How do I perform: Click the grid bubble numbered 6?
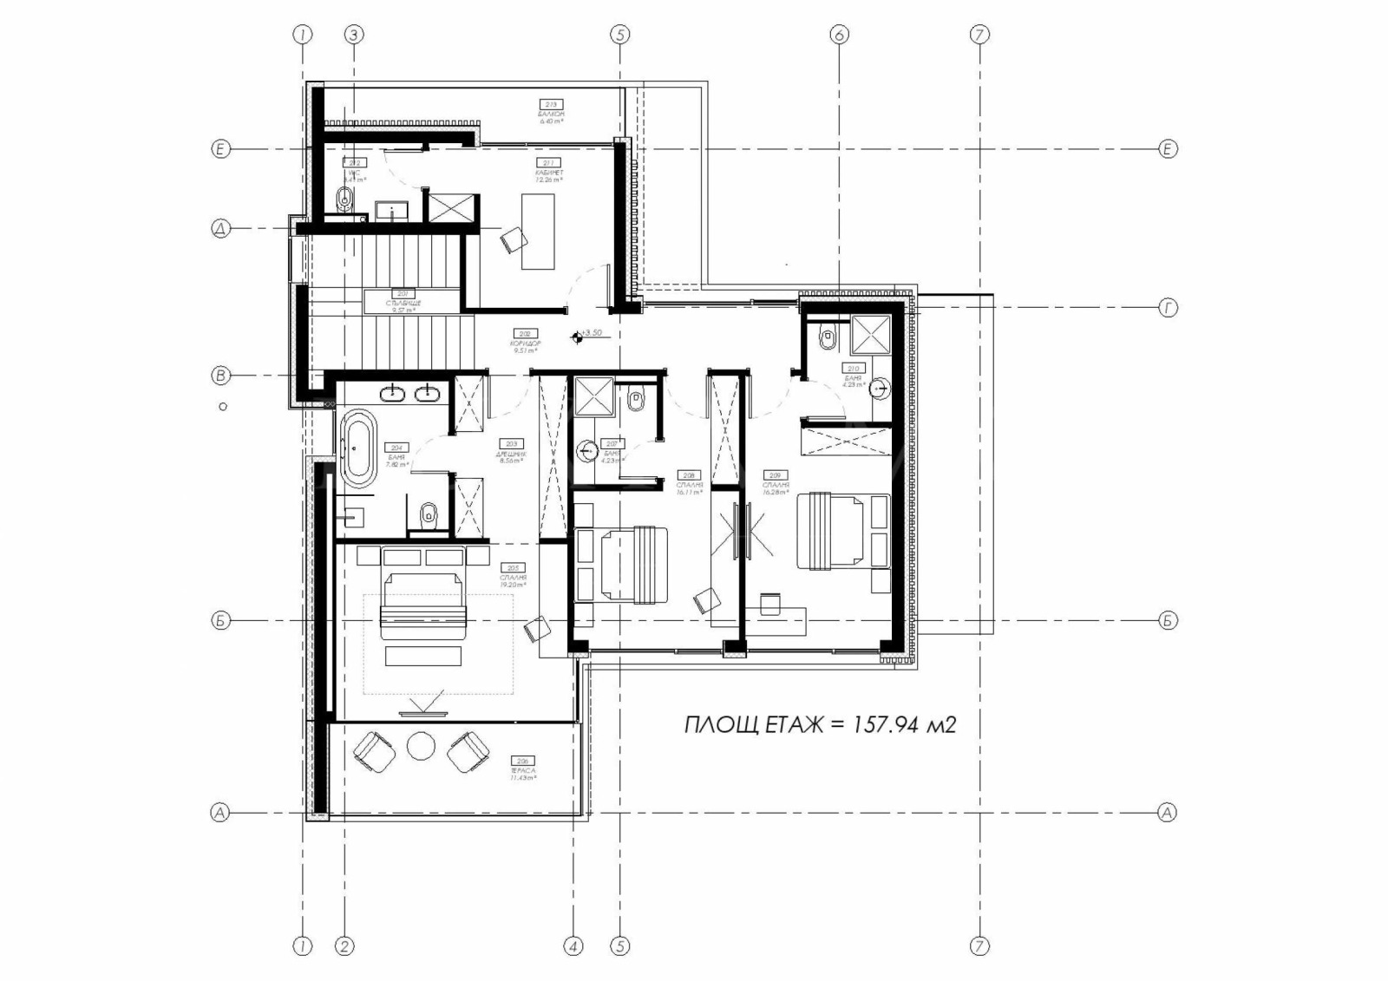click(x=838, y=35)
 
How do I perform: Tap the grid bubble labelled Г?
click(x=1168, y=307)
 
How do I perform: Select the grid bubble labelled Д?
click(x=220, y=229)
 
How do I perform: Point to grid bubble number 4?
click(x=573, y=945)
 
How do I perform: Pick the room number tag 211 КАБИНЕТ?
click(x=548, y=162)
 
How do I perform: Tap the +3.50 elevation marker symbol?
click(x=578, y=337)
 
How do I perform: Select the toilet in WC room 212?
click(x=344, y=199)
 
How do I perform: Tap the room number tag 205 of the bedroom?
click(x=512, y=567)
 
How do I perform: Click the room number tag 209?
click(x=774, y=474)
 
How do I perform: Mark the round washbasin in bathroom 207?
click(x=589, y=450)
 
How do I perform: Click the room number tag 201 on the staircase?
click(x=403, y=293)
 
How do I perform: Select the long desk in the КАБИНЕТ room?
click(x=538, y=232)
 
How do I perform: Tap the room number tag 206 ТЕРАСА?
click(x=521, y=761)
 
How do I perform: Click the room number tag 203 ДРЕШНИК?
click(x=512, y=443)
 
